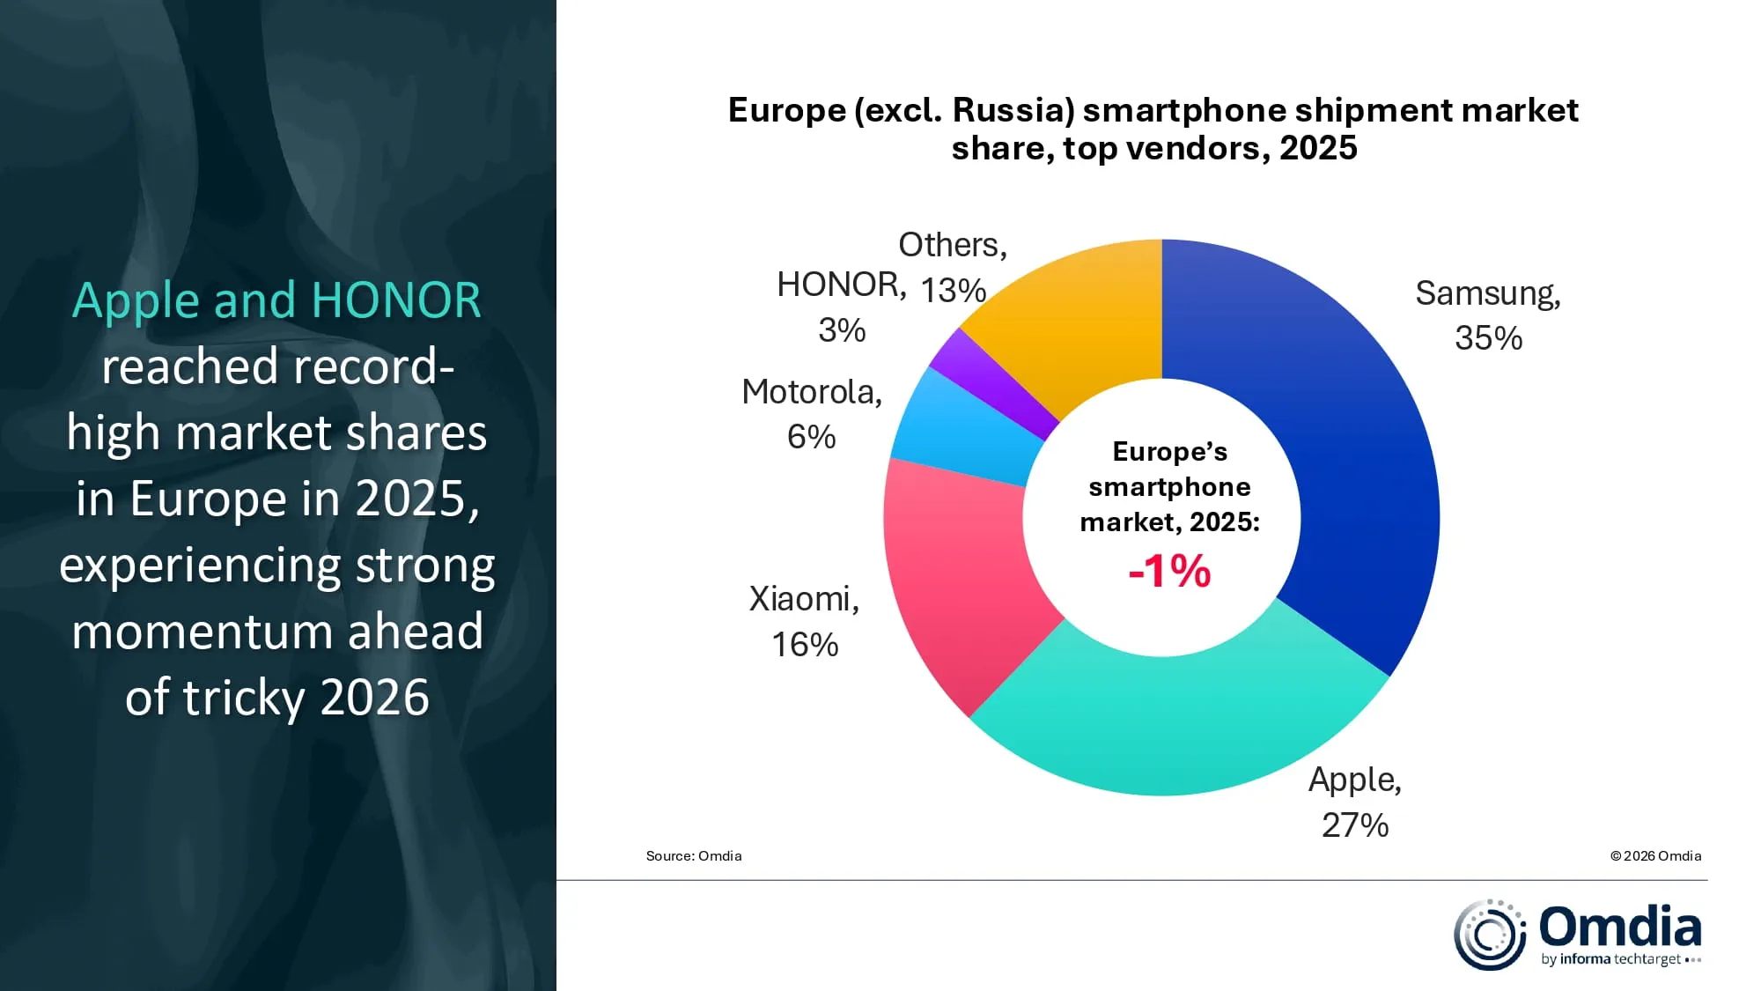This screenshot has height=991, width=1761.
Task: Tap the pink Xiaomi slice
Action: (x=960, y=581)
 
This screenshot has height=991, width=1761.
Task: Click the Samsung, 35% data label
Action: (x=1488, y=315)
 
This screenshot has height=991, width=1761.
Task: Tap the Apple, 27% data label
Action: (x=1354, y=802)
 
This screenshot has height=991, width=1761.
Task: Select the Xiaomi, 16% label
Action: (x=804, y=621)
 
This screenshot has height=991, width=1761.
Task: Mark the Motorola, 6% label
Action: (x=811, y=414)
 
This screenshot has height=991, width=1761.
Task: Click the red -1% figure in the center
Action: (x=1169, y=571)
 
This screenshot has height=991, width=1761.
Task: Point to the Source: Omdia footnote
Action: (x=694, y=856)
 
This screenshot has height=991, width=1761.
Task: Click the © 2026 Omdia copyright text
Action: (x=1655, y=856)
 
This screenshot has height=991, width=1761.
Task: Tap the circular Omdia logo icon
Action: (x=1489, y=935)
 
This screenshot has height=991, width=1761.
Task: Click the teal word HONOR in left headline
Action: (x=396, y=300)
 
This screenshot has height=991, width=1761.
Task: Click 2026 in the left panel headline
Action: (x=374, y=698)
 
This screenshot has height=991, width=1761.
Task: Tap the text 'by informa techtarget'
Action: (x=1611, y=959)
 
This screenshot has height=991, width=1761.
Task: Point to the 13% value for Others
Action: (x=953, y=290)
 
